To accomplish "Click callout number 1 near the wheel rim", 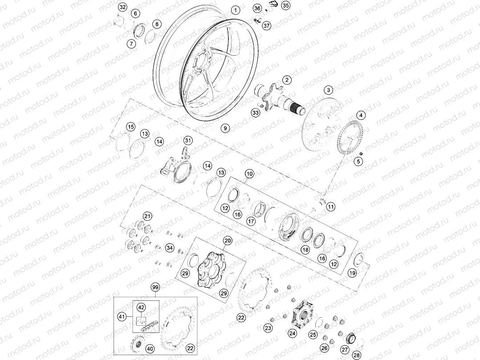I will (x=236, y=10).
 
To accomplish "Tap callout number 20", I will (x=228, y=241).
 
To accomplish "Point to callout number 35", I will (x=285, y=6).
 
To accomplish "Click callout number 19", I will (x=352, y=273).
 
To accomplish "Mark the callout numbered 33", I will (x=255, y=113).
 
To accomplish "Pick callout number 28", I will (x=357, y=355).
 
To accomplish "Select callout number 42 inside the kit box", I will (x=141, y=307).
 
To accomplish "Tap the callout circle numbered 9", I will (x=225, y=128).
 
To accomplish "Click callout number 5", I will (x=358, y=162).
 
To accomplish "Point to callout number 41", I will (x=121, y=316).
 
